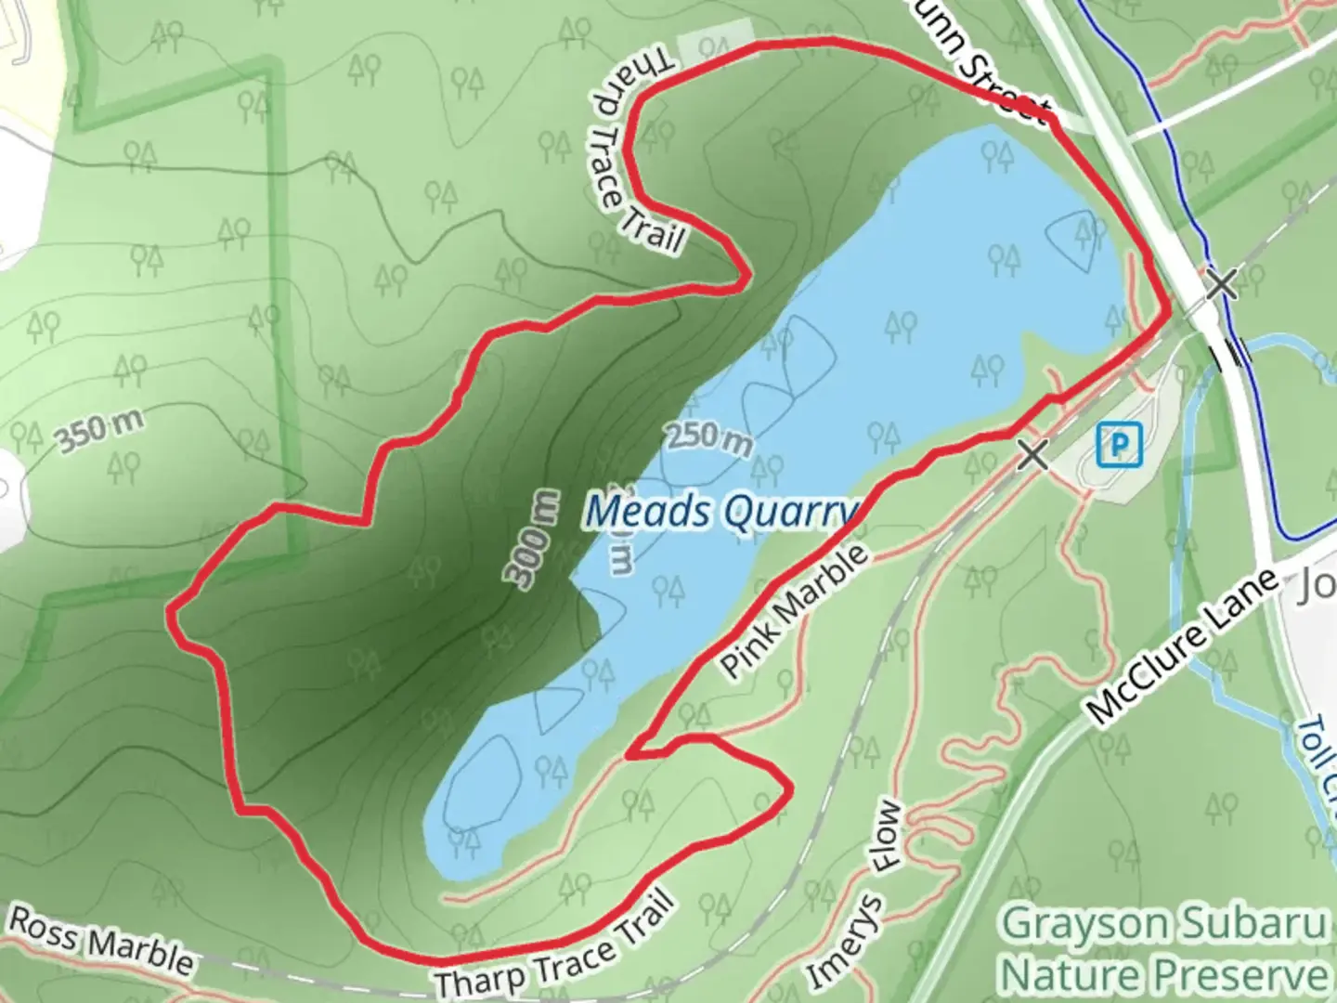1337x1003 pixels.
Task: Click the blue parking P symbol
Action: click(x=1119, y=445)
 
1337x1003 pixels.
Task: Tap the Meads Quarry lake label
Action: click(x=722, y=512)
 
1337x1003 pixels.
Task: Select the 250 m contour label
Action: click(x=708, y=438)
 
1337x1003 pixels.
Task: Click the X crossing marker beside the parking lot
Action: click(x=1032, y=455)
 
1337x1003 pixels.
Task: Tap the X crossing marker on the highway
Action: click(x=1222, y=284)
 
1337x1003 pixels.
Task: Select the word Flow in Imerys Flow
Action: click(x=889, y=836)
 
